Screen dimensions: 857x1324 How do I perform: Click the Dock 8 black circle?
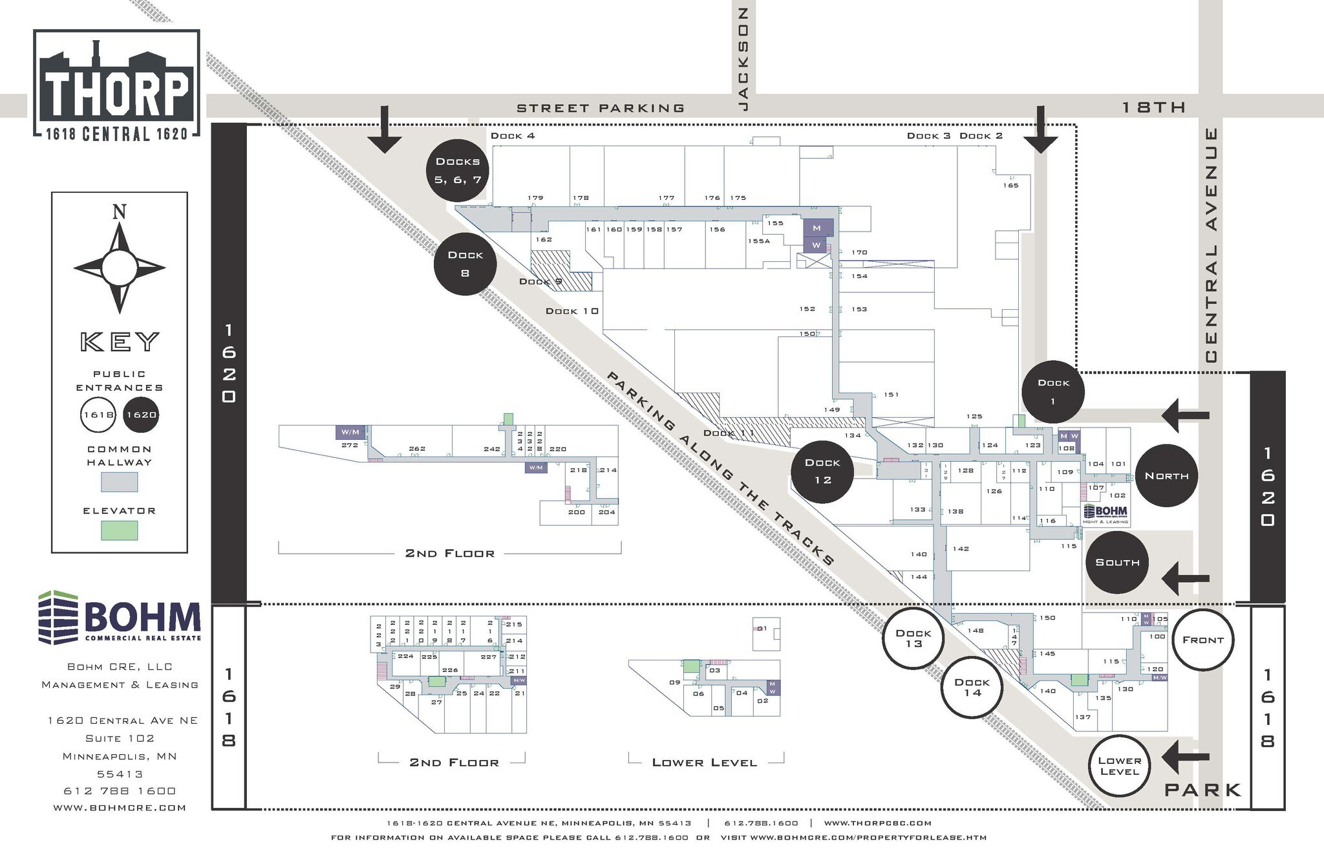(x=465, y=264)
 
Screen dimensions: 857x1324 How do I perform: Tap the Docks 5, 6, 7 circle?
(x=457, y=171)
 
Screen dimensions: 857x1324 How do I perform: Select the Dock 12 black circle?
(x=822, y=472)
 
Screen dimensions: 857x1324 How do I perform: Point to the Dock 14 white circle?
(x=971, y=688)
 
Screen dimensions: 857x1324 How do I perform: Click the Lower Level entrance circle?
(x=1119, y=766)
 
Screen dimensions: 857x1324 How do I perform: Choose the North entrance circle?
(x=1166, y=476)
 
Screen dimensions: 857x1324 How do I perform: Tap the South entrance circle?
(x=1117, y=563)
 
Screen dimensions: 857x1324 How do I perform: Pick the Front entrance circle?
(x=1202, y=640)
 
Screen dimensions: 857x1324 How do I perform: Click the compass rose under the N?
(x=120, y=268)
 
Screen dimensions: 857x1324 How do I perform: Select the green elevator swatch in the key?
(x=120, y=530)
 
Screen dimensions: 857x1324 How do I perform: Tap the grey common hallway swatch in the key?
(x=120, y=482)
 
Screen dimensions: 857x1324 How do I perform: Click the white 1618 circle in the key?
(x=98, y=415)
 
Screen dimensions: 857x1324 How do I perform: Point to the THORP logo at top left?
(x=116, y=84)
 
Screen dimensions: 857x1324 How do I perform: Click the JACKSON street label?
(x=743, y=58)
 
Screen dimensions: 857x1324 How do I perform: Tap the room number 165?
(x=1010, y=186)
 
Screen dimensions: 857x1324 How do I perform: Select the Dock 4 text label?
(x=513, y=136)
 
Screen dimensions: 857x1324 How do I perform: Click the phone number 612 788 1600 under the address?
(x=120, y=790)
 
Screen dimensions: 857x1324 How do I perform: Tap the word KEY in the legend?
(x=120, y=342)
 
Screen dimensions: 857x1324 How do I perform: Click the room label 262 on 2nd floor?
(x=417, y=449)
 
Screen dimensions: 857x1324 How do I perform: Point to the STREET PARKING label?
(x=601, y=108)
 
